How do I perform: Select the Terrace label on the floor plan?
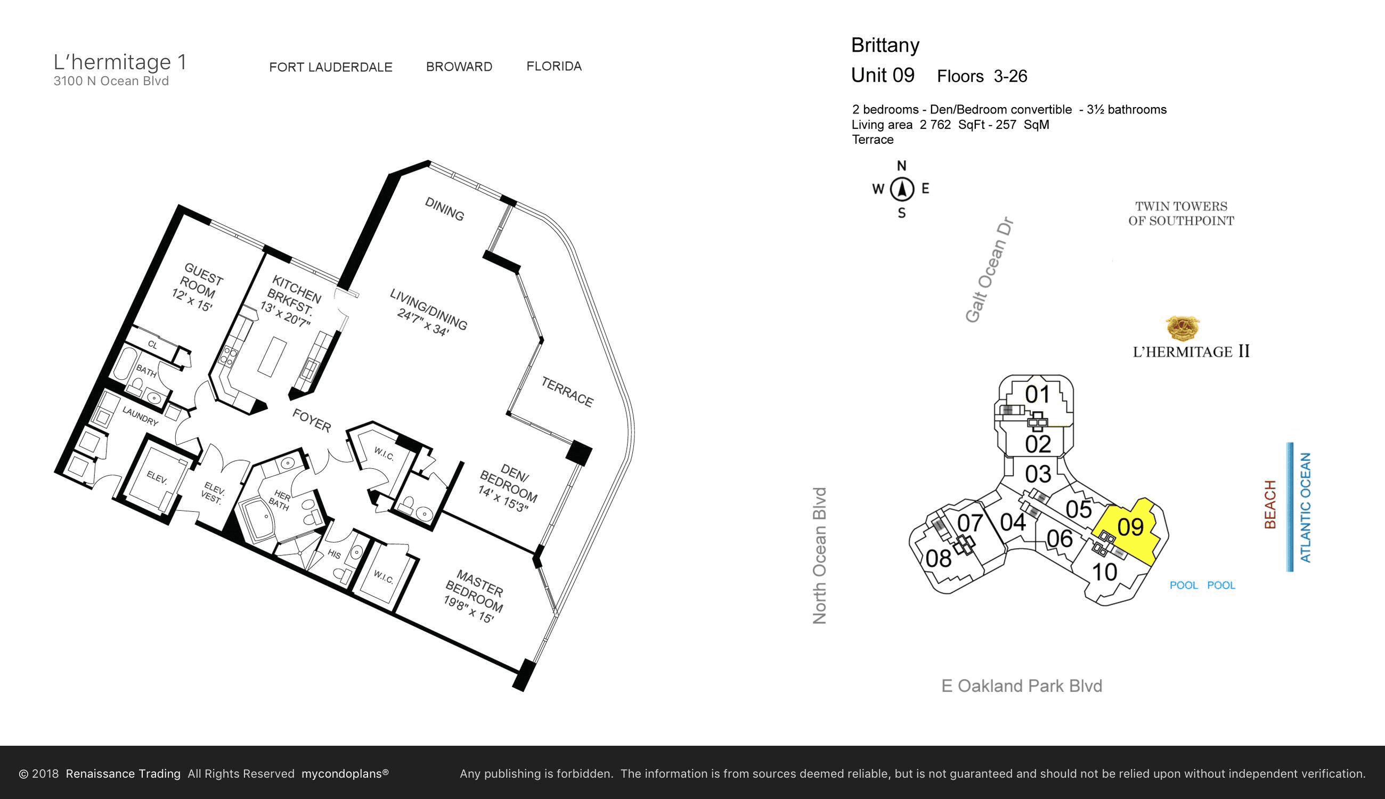tap(567, 392)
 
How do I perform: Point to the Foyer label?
tap(312, 420)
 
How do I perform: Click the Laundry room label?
tap(141, 416)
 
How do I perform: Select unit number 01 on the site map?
tap(1038, 394)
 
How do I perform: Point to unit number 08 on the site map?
tap(938, 559)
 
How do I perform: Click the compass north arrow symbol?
tap(901, 189)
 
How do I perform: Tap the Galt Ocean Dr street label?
tap(989, 271)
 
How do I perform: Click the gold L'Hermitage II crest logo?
tap(1183, 328)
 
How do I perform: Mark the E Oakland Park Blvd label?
tap(1022, 686)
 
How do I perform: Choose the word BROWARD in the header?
tap(459, 67)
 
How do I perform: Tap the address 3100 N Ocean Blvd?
tap(111, 81)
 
